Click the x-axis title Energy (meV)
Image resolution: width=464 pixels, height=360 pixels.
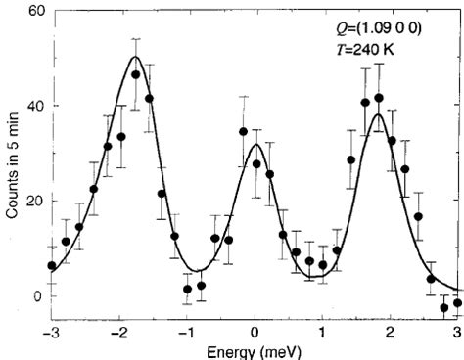pos(255,351)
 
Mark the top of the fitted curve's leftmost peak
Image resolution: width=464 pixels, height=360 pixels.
pos(135,57)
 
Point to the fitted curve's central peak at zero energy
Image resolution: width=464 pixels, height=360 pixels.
pos(255,145)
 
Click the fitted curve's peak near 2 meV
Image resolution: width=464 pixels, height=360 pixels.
pos(378,114)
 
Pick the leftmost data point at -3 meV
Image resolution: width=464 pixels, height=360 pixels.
pos(52,265)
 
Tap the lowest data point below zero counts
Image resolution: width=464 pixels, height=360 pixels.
pos(443,307)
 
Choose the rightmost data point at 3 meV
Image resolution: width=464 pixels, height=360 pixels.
pos(457,302)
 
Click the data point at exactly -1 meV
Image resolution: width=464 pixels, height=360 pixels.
pos(187,289)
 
